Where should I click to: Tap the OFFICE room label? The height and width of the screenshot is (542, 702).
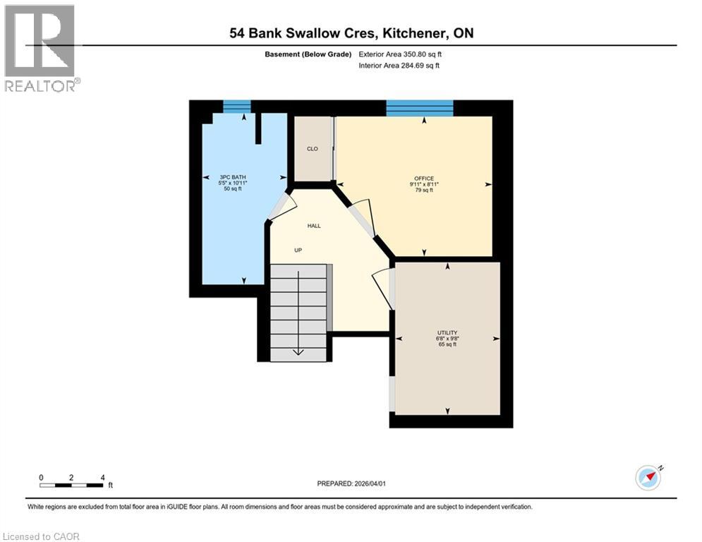[423, 178]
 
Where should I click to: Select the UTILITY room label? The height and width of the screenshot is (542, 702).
[447, 332]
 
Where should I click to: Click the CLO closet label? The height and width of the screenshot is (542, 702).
[312, 149]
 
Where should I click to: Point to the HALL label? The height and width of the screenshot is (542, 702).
[313, 226]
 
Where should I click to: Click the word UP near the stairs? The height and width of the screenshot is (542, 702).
[299, 250]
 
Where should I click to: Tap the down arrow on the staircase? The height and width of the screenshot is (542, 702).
[298, 351]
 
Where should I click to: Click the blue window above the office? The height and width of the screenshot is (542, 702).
[419, 107]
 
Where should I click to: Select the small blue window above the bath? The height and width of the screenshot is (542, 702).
[236, 107]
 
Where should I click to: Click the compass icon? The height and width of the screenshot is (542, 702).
[648, 478]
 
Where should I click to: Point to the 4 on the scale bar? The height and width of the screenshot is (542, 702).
[102, 478]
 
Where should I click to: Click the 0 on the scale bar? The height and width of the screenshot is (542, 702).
[42, 478]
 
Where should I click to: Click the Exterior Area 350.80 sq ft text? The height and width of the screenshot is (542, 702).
[400, 54]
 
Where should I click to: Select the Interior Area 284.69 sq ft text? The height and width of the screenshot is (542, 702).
[399, 66]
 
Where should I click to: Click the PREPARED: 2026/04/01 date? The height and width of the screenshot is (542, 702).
[351, 483]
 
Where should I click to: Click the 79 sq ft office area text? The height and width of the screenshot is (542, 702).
[423, 191]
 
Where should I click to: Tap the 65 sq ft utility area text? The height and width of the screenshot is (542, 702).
[447, 345]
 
